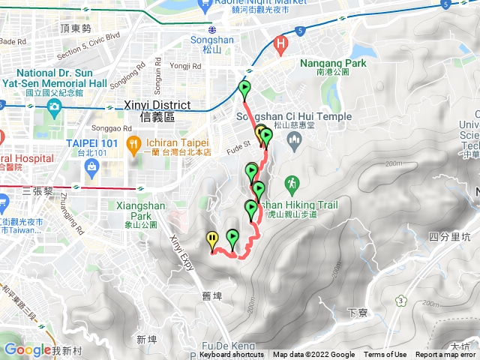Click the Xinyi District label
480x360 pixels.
[x=156, y=111]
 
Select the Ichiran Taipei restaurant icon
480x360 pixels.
[x=133, y=142]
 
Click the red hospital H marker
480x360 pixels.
[x=282, y=44]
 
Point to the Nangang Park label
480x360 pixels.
[x=333, y=64]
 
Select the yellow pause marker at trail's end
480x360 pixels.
[x=213, y=240]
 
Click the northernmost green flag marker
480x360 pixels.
[x=244, y=88]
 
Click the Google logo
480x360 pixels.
[x=27, y=349]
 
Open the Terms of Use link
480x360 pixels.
[x=385, y=355]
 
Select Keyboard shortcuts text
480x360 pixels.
[x=232, y=355]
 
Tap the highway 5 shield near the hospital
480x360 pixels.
[x=299, y=31]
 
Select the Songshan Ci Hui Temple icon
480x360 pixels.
[x=292, y=140]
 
